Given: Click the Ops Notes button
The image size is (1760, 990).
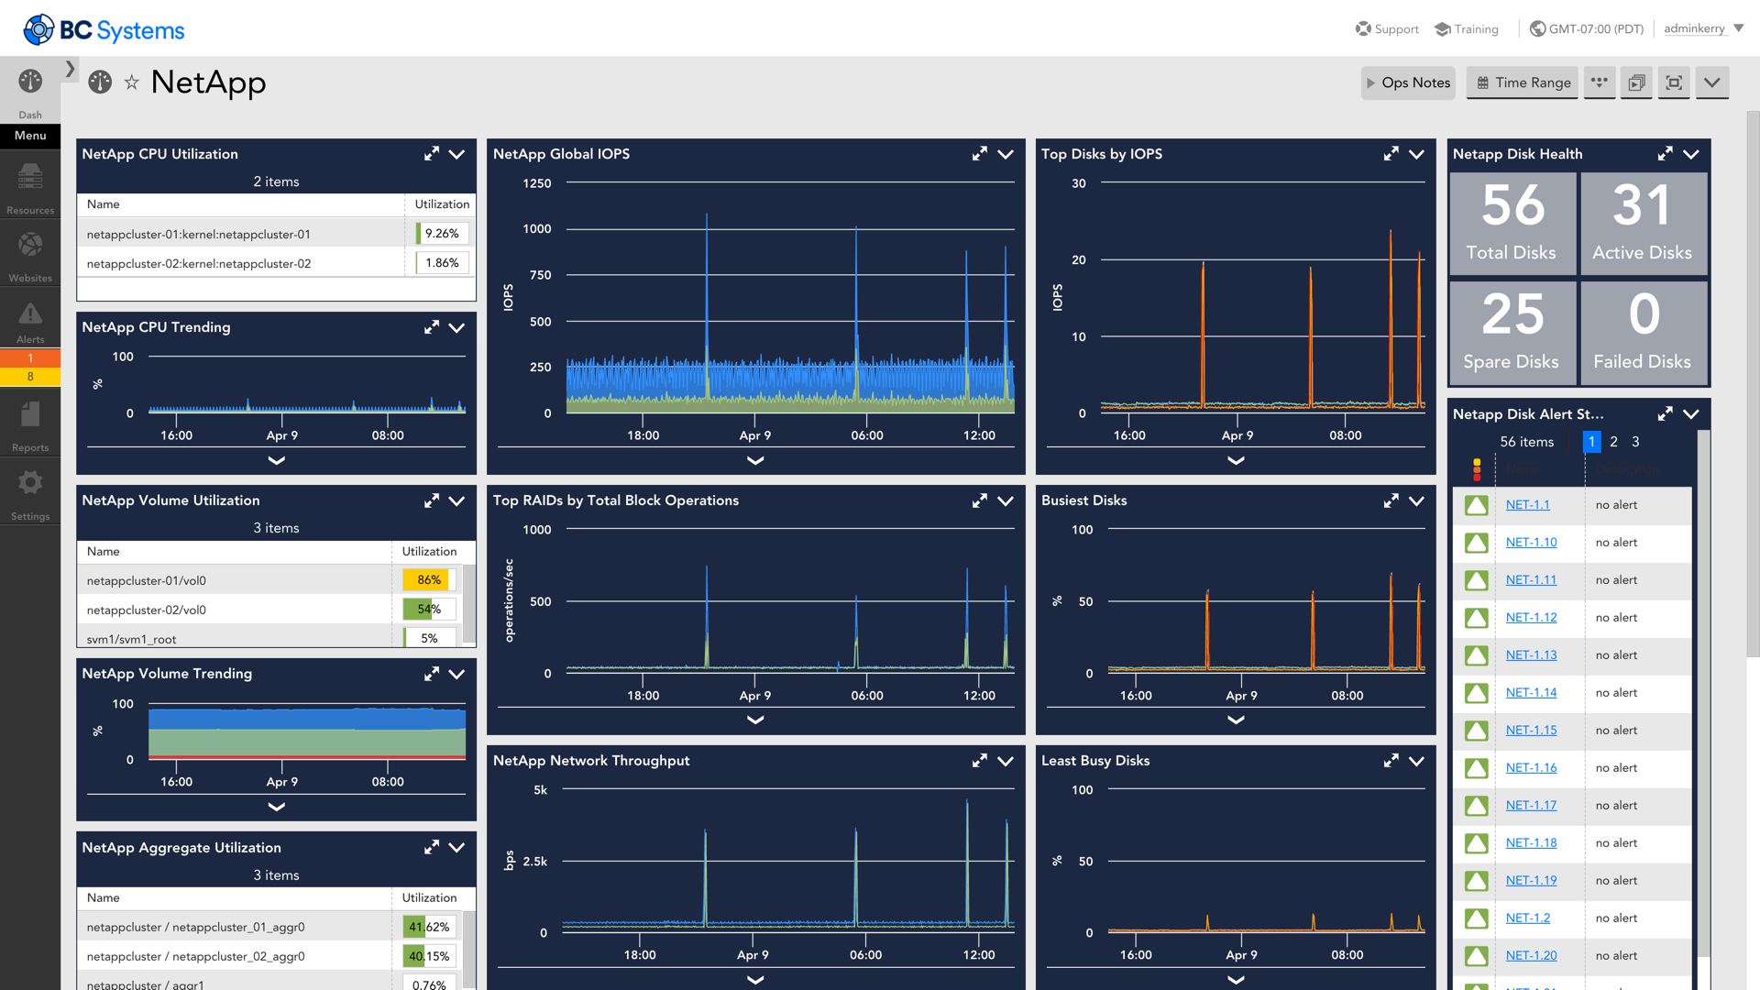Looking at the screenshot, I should (x=1409, y=82).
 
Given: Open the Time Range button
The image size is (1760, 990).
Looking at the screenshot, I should (x=1523, y=82).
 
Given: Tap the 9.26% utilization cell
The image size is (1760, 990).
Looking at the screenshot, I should (x=442, y=234).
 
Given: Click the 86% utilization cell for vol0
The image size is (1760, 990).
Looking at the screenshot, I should (x=429, y=580).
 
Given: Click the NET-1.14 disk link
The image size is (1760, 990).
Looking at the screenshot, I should (x=1531, y=693).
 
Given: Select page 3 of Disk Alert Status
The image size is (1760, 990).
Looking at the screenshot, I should (x=1635, y=442).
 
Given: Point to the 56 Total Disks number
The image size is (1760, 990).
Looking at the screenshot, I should (x=1512, y=205).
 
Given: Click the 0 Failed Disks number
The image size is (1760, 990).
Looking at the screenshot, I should (x=1644, y=314).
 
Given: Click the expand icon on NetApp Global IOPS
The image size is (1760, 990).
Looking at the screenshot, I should (x=979, y=154).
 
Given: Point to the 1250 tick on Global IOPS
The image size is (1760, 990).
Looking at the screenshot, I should (x=537, y=183).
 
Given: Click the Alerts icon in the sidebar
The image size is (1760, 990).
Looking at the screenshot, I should (x=30, y=316).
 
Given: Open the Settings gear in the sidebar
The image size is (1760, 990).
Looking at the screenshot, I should (x=30, y=484).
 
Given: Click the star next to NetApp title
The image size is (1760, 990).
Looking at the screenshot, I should (x=132, y=82).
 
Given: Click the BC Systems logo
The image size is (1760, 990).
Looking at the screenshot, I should (x=104, y=29).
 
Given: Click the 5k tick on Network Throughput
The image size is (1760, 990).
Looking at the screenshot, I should (x=540, y=790).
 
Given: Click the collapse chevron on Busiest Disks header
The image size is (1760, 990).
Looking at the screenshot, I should (x=1416, y=500).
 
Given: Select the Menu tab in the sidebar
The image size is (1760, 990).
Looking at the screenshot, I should (x=30, y=136).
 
